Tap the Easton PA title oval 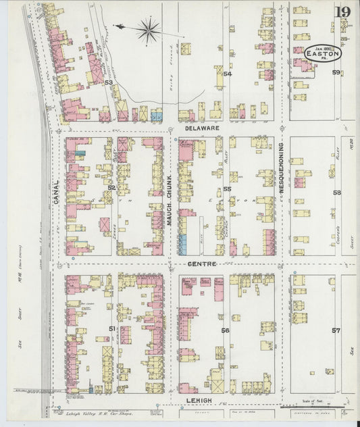point(323,53)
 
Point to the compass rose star point(148,29)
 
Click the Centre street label point(201,263)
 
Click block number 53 point(108,82)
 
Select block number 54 point(228,74)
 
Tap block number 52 point(111,187)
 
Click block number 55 point(227,189)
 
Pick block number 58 point(336,193)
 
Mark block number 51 point(112,328)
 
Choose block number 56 point(226,330)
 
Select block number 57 point(336,330)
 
